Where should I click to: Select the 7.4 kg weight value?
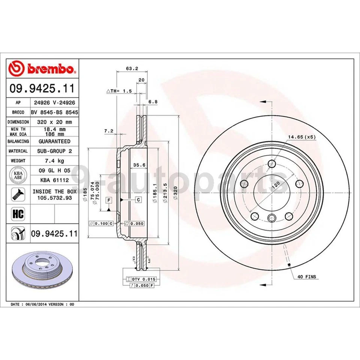54,160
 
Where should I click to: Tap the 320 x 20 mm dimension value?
54,122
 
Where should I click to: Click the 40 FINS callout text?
307,277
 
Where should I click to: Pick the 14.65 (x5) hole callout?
302,138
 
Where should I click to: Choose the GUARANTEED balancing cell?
54,141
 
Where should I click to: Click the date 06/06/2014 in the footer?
36,304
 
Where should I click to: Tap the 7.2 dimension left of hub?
108,131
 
